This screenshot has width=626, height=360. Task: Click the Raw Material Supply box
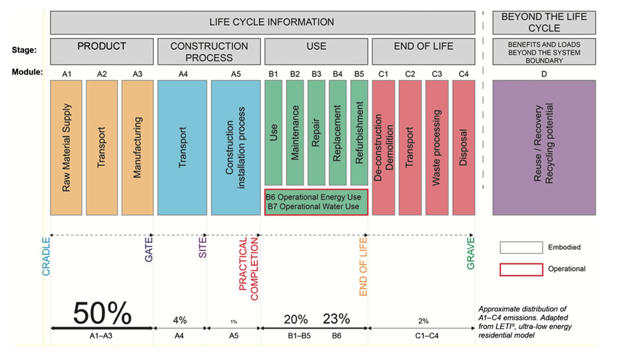click(67, 147)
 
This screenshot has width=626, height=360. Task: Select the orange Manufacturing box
click(137, 147)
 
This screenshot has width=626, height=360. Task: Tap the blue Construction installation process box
click(235, 147)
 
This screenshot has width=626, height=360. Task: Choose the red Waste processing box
click(437, 147)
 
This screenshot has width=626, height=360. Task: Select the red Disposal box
click(464, 147)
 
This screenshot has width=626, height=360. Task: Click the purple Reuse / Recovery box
click(543, 147)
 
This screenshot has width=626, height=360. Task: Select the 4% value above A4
click(180, 319)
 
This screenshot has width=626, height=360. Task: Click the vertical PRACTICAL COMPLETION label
click(248, 268)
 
